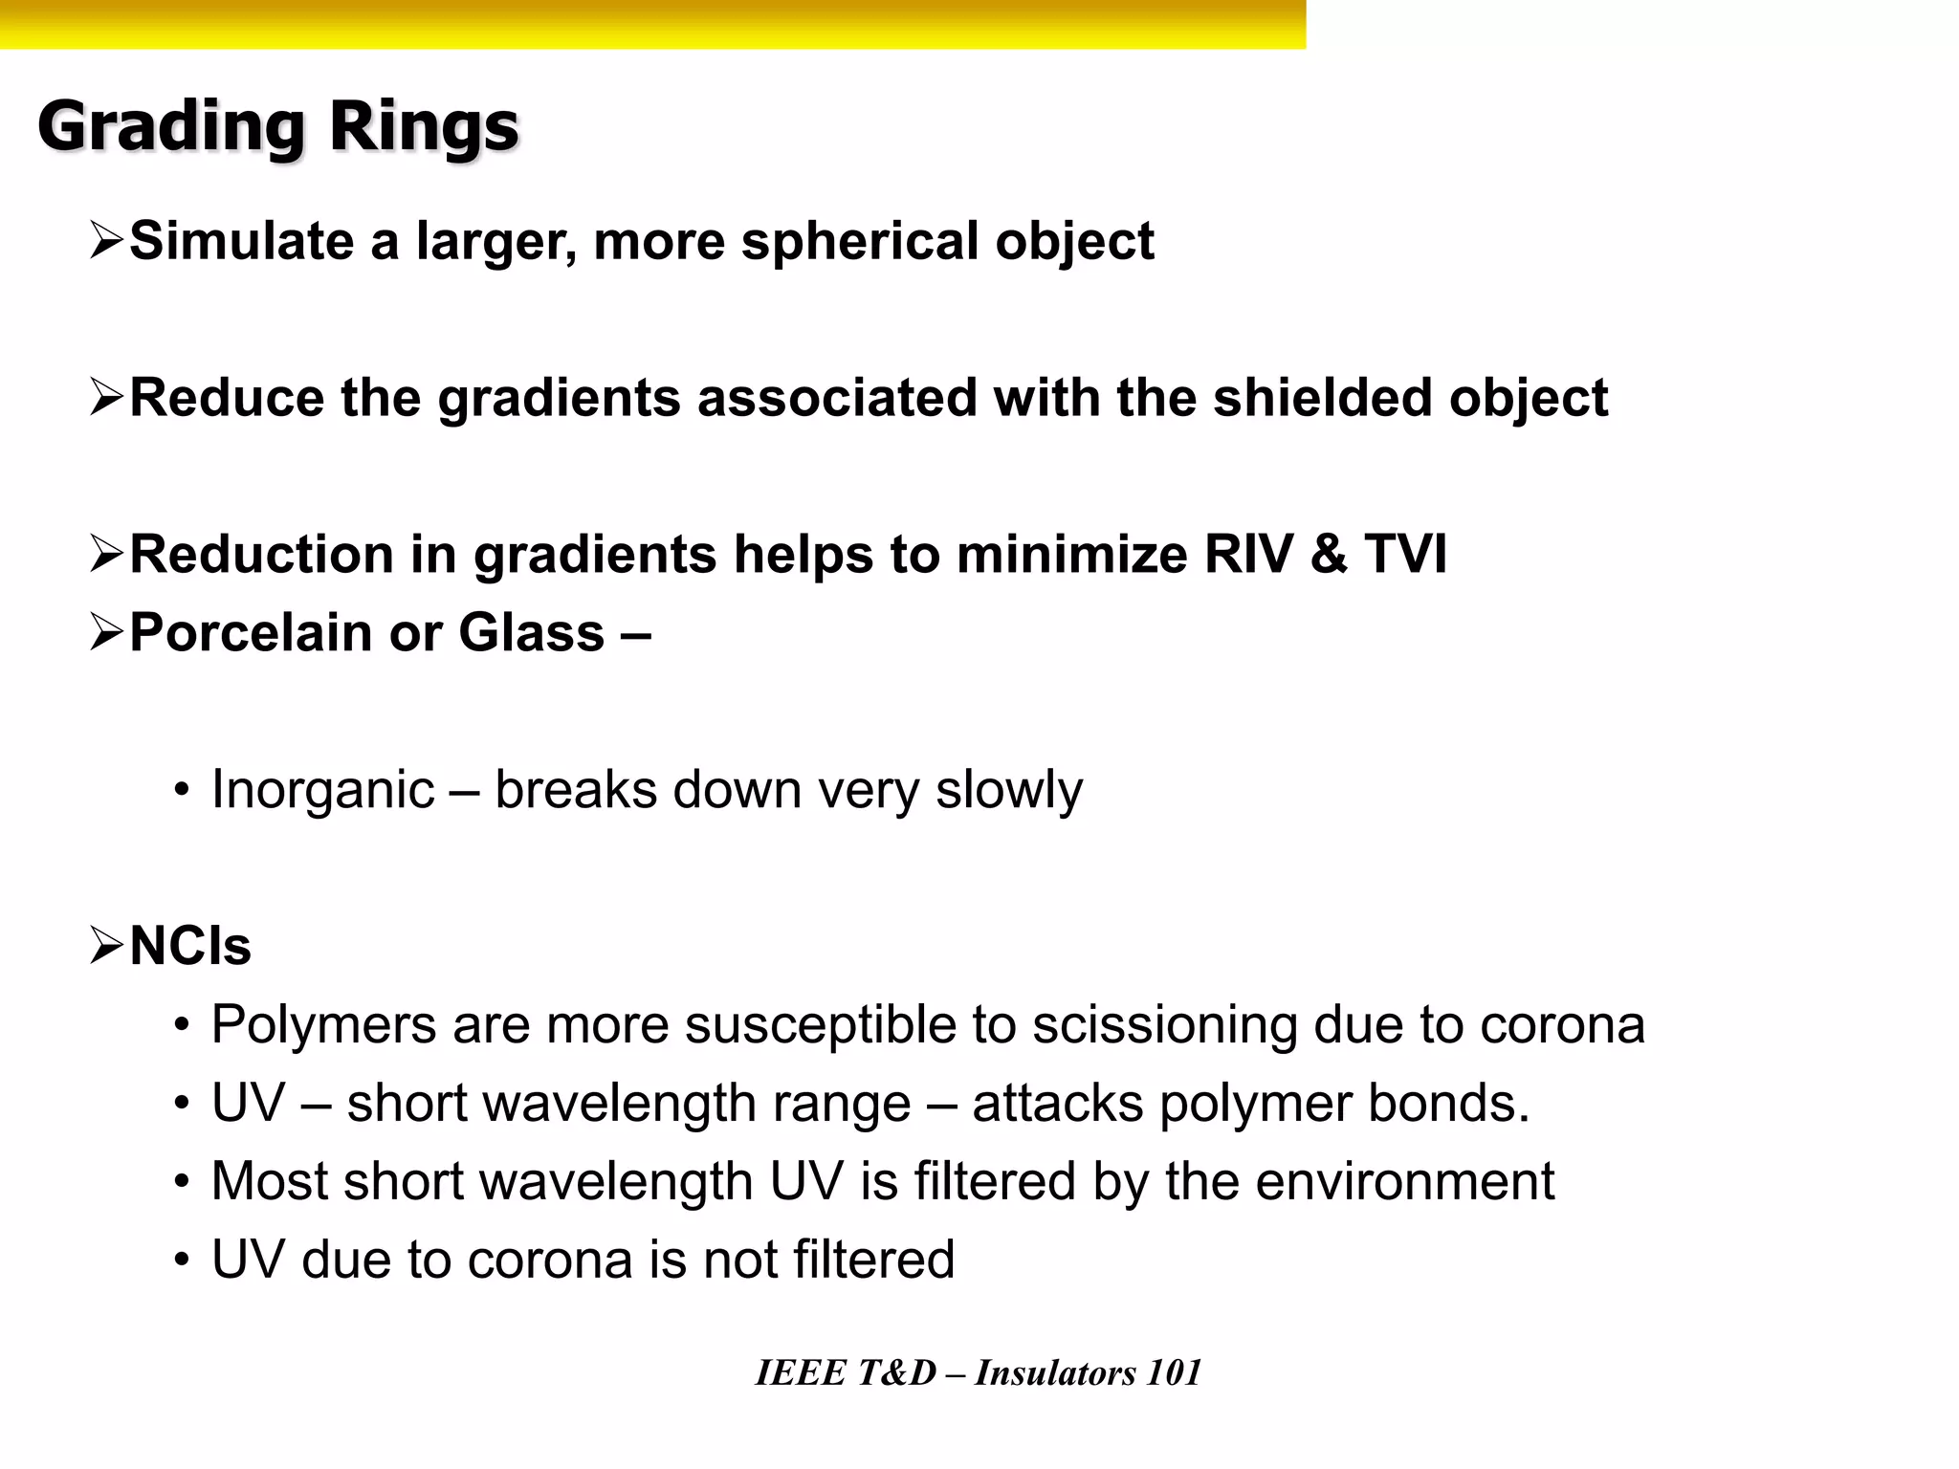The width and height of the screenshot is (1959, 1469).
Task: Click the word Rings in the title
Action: (x=424, y=127)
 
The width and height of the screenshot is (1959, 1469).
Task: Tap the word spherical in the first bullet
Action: (x=860, y=241)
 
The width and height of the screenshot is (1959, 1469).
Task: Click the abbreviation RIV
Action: (x=1248, y=555)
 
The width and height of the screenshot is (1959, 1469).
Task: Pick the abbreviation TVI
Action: (x=1405, y=555)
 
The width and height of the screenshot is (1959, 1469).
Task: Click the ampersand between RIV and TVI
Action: (x=1329, y=555)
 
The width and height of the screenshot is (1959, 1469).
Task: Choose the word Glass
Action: (x=532, y=633)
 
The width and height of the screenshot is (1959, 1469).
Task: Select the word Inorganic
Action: (x=323, y=790)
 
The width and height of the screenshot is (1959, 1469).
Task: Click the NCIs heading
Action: (x=190, y=947)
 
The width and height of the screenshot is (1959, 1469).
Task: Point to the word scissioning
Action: (x=1165, y=1025)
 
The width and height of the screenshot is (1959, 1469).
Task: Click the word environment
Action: (x=1405, y=1182)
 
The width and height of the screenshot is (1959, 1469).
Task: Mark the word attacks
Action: (x=1058, y=1104)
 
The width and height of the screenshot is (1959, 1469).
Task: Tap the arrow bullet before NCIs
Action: (x=106, y=946)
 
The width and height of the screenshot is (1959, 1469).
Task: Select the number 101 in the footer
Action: (x=1174, y=1373)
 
